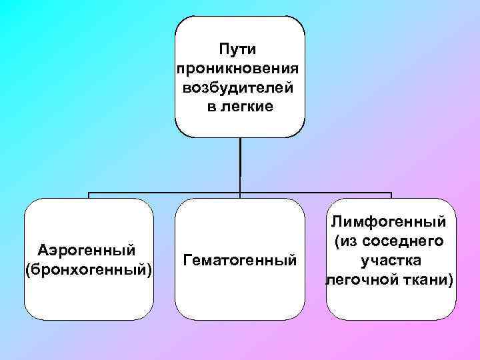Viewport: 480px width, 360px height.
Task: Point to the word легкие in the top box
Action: pyautogui.click(x=249, y=107)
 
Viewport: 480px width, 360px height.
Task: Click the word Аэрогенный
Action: pyautogui.click(x=88, y=250)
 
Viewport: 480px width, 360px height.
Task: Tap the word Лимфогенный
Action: pyautogui.click(x=391, y=221)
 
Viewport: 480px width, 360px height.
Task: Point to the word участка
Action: pyautogui.click(x=391, y=260)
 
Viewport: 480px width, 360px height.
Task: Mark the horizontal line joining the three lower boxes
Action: pyautogui.click(x=167, y=193)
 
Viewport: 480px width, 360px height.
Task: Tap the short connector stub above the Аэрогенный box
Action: pyautogui.click(x=89, y=196)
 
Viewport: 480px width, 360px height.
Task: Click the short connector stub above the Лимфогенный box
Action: pyautogui.click(x=391, y=196)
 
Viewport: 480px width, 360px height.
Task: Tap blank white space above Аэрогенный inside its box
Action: pyautogui.click(x=88, y=220)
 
